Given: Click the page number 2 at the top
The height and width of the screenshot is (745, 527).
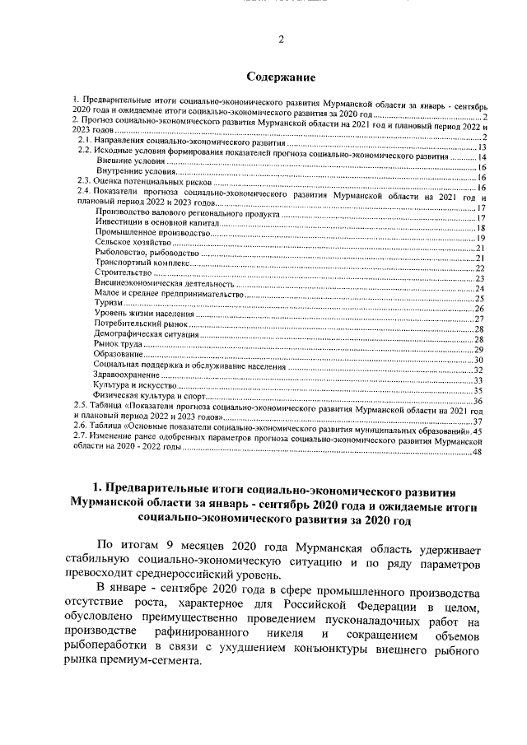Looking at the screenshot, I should (280, 39).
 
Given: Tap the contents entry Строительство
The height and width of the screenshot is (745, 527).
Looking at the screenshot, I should (124, 272).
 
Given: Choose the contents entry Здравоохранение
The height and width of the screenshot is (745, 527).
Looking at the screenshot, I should (127, 374).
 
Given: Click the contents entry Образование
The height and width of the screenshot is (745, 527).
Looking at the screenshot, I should (119, 352).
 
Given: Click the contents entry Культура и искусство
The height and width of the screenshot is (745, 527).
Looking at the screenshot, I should (135, 384).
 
